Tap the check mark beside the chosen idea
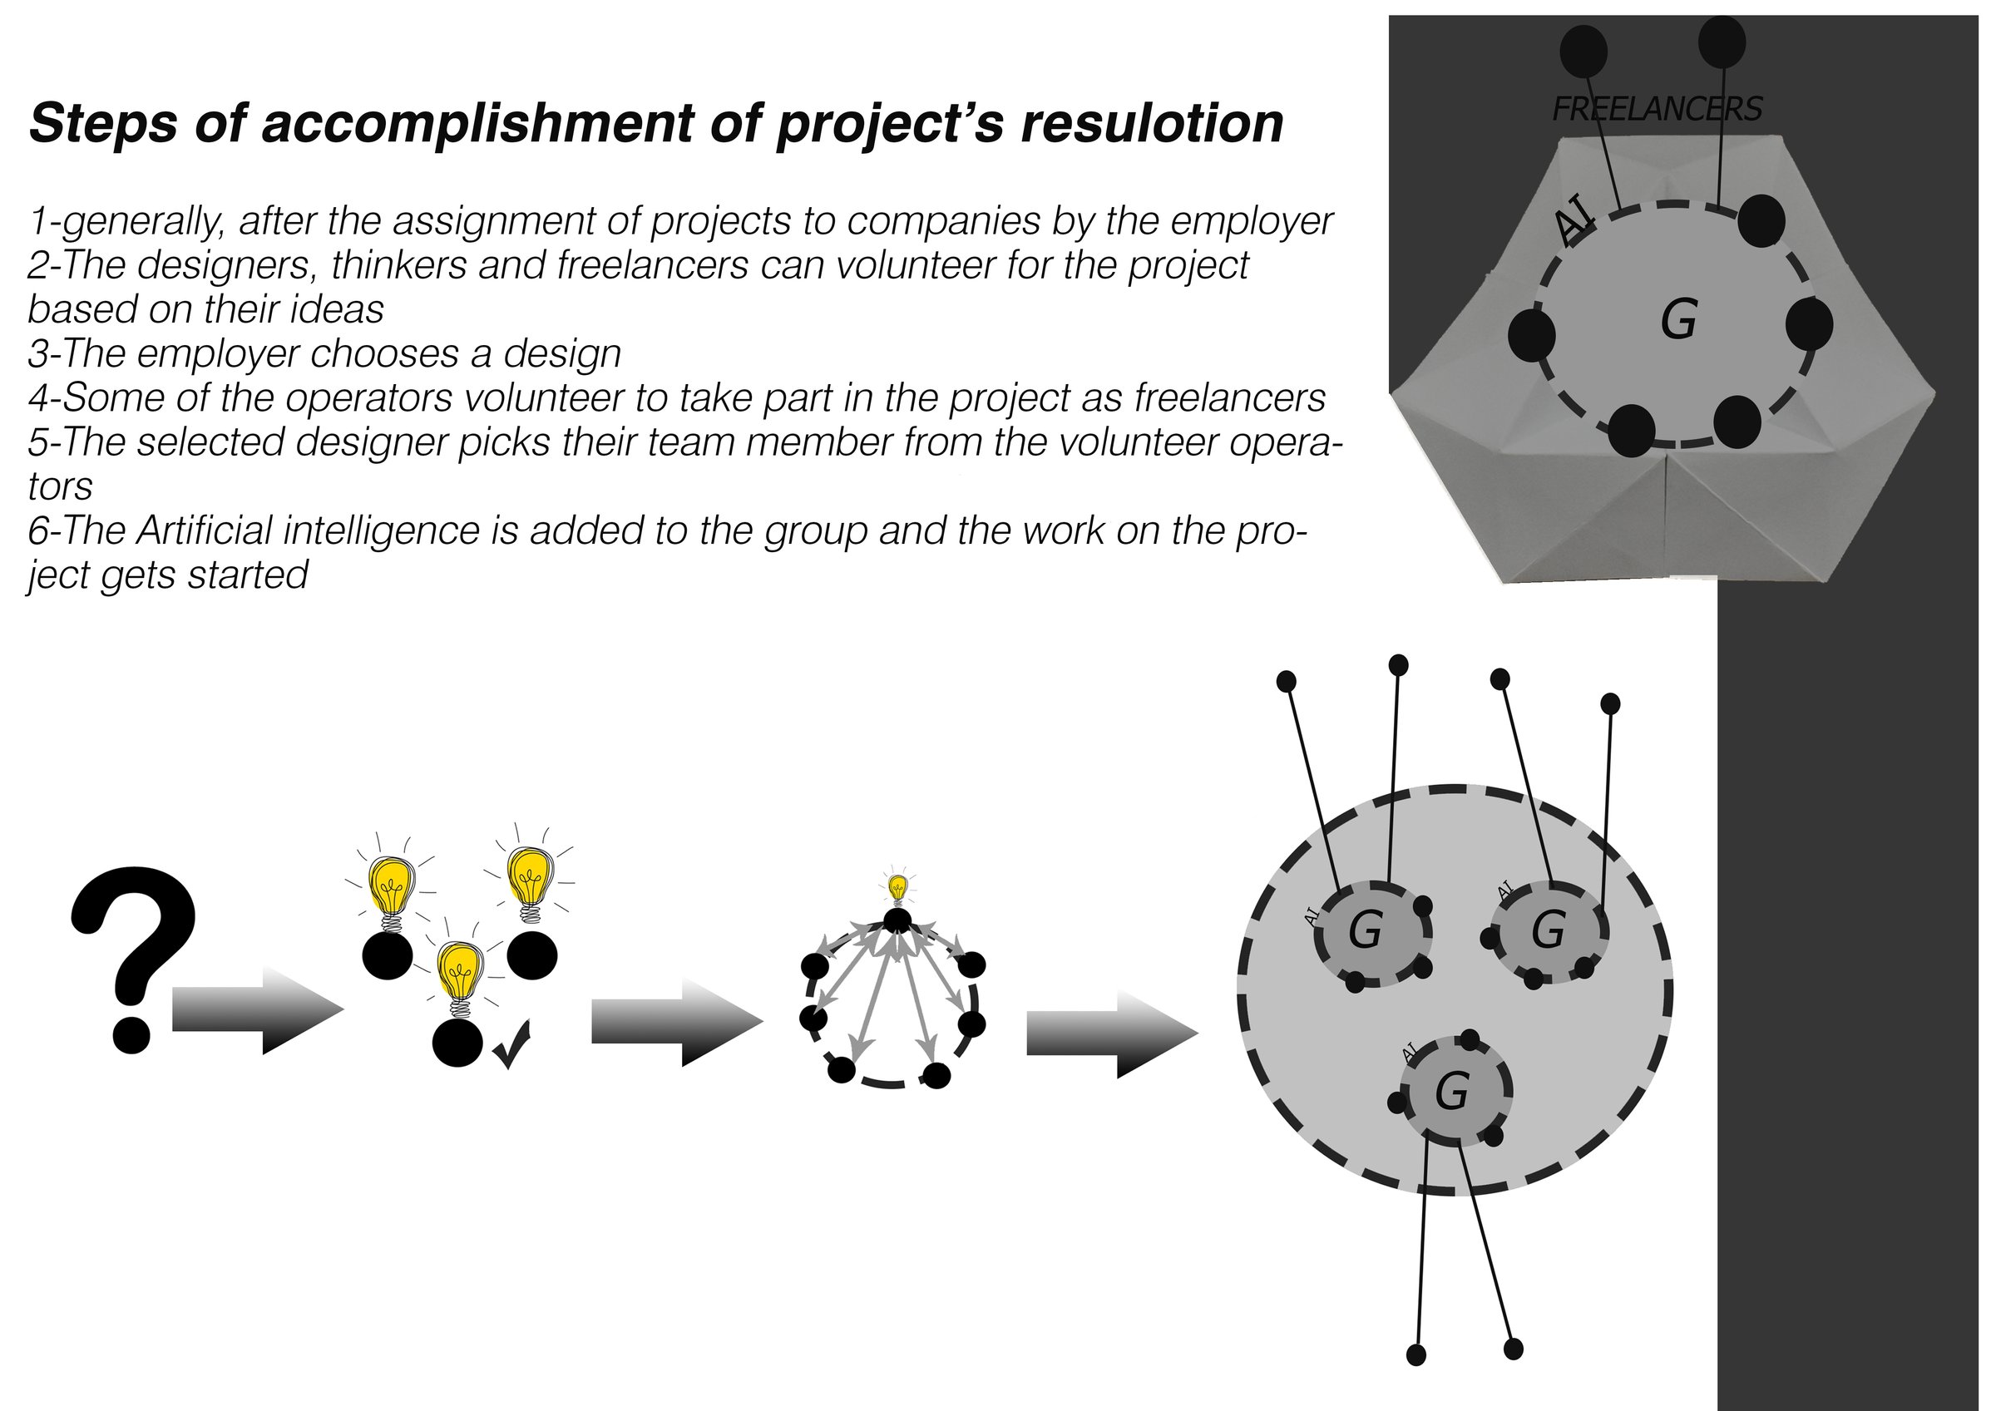pos(511,1045)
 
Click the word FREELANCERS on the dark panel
pos(1657,109)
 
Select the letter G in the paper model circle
pos(1677,319)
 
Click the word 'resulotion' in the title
pos(1152,122)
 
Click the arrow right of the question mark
pos(258,1010)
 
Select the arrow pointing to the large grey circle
pos(1112,1034)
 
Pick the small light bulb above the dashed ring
pos(898,888)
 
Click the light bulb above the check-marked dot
pos(460,975)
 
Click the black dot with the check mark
pos(457,1041)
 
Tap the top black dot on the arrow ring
pos(897,919)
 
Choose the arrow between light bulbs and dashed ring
pos(677,1022)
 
